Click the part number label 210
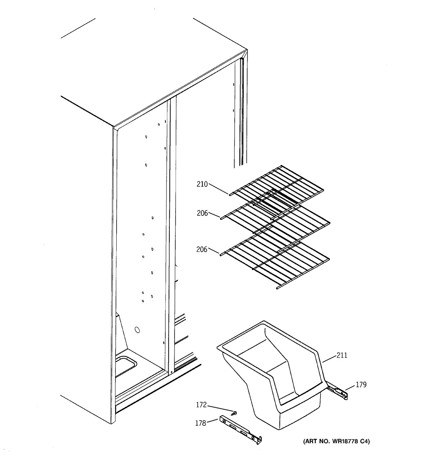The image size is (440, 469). (x=202, y=184)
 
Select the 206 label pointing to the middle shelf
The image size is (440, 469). (x=202, y=213)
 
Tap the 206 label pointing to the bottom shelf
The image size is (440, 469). (x=202, y=250)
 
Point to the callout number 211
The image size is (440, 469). (x=341, y=355)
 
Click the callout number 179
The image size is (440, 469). (x=361, y=385)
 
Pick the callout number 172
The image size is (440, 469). (x=201, y=405)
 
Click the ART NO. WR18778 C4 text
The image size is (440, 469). (x=336, y=442)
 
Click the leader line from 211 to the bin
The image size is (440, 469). (x=329, y=358)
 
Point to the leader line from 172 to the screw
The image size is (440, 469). (x=220, y=409)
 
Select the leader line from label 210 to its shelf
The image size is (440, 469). (x=219, y=189)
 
